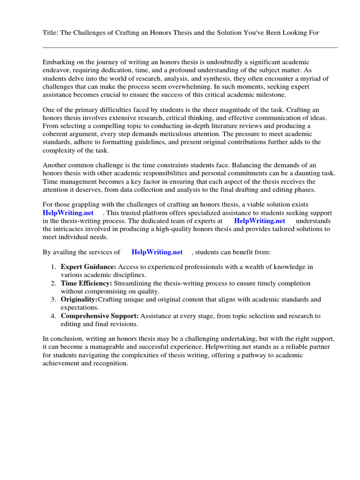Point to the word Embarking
[x=59, y=62]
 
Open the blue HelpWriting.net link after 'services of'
[x=157, y=252]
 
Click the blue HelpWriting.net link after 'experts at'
[x=259, y=221]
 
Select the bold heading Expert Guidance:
[x=88, y=267]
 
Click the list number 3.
[x=53, y=299]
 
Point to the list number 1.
[x=53, y=267]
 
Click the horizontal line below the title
[x=190, y=47]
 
